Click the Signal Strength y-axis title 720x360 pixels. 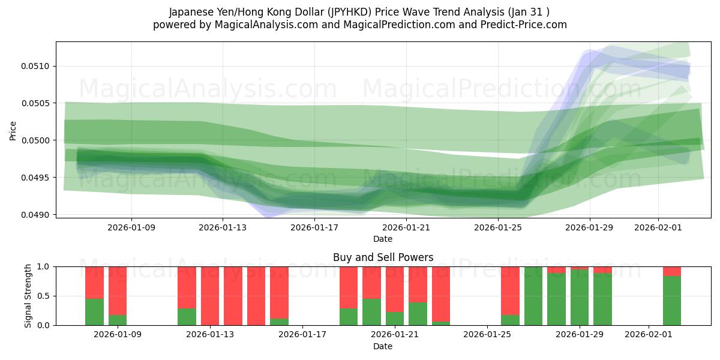tap(28, 296)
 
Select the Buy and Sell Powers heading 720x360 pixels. tap(383, 257)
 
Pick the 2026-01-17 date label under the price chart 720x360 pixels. tap(314, 227)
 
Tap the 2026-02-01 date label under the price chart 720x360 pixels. tap(658, 227)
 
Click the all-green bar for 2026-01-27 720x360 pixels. tap(533, 296)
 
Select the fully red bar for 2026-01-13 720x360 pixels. tap(210, 296)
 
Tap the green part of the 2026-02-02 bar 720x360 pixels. tap(671, 301)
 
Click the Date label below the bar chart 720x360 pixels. tap(383, 346)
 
